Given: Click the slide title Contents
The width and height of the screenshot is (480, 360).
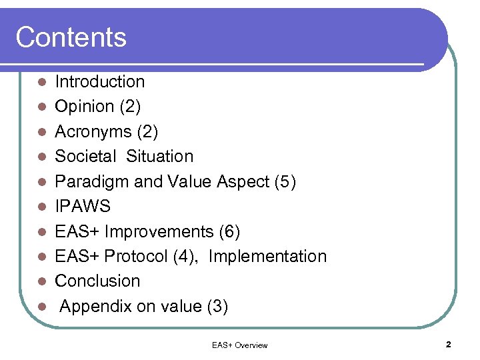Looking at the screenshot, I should coord(71,37).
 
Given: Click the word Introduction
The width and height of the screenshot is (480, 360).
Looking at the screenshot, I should coord(99,82).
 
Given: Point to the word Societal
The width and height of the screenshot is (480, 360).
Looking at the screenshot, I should coord(85,157).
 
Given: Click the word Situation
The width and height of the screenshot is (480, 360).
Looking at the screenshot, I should coord(159,157).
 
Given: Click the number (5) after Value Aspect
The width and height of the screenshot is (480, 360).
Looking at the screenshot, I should coord(285,181).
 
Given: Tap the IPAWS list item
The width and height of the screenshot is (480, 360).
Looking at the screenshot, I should coord(83,207).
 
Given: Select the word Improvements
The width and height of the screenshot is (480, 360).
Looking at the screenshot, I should coord(159,232).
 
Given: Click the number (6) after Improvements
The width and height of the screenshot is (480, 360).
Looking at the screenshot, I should coord(229,232).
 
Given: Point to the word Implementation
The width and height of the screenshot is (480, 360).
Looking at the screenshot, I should coord(267,257).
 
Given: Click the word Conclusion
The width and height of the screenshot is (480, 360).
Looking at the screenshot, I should coord(97,281).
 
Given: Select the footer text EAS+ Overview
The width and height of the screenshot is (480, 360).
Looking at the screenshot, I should coord(239,345).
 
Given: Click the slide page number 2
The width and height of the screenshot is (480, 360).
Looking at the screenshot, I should coord(448,345).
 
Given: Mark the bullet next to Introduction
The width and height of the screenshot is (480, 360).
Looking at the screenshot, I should coord(41,83).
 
